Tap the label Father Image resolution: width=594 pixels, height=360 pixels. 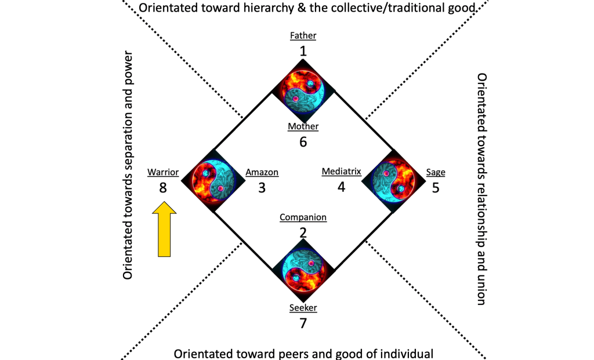point(303,36)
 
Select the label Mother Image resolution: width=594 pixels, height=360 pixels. point(303,126)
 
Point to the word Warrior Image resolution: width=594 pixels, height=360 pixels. point(163,172)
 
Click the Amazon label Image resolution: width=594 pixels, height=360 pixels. point(262,172)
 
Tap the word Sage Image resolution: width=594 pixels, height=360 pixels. point(436,172)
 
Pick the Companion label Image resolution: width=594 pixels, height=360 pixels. point(303,217)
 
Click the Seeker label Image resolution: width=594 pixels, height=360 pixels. point(303,307)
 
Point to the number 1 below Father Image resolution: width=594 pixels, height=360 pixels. point(303,51)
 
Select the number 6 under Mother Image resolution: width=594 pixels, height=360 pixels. point(303,141)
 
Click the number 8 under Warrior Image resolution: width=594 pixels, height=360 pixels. point(163,187)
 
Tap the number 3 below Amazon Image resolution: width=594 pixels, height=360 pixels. point(262,187)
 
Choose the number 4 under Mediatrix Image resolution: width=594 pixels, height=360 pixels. point(342,187)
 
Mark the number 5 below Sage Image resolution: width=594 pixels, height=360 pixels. point(436,187)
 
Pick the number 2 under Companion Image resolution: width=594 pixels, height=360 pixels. point(303,233)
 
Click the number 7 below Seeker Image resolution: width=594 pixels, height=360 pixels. point(303,323)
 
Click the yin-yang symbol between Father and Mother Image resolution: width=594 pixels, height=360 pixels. point(303,90)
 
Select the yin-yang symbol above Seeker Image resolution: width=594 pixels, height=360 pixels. point(303,270)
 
